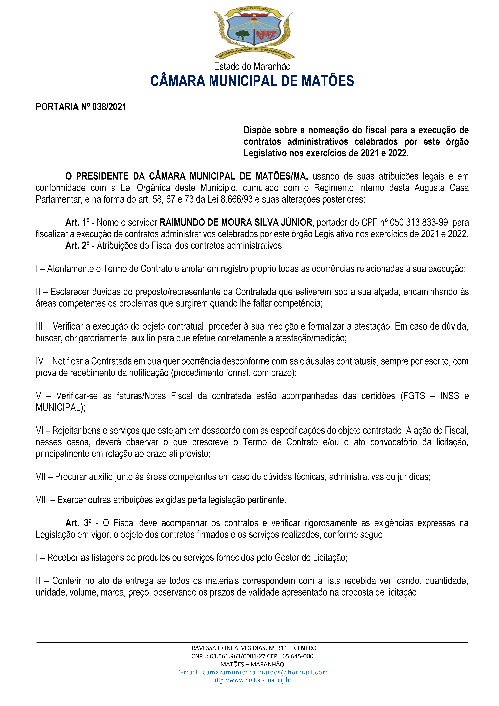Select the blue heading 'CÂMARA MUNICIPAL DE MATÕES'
252,81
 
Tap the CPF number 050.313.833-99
419,222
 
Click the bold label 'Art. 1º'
77,222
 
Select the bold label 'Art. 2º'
77,246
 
